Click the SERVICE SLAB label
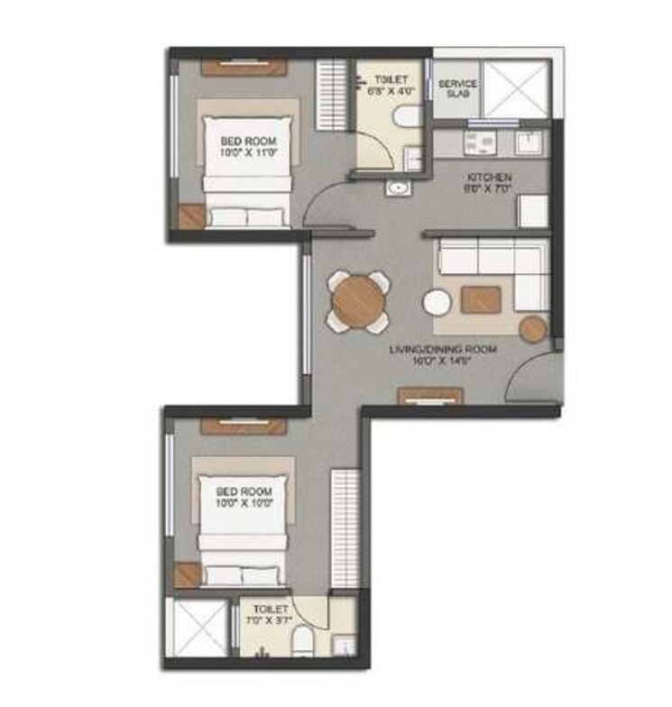[x=457, y=89]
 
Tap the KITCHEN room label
[x=489, y=178]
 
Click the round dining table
[x=357, y=300]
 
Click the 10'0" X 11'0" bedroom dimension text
[x=248, y=153]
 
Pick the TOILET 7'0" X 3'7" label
[x=271, y=615]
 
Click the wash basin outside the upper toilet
[x=398, y=188]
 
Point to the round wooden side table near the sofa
[x=533, y=329]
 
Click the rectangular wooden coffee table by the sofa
[x=480, y=298]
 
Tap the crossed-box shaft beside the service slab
[x=515, y=89]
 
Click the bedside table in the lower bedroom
[x=189, y=574]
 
